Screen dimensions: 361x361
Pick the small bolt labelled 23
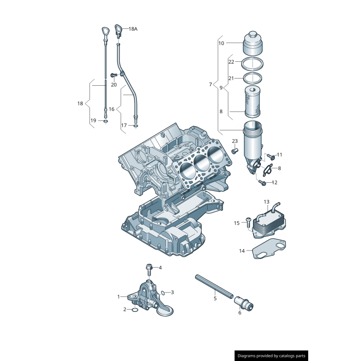click(x=234, y=151)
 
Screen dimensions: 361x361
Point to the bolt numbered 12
click(x=262, y=182)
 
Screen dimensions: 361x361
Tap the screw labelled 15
click(x=248, y=221)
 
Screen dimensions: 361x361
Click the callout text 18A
click(x=133, y=29)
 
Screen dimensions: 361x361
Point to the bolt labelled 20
click(x=114, y=75)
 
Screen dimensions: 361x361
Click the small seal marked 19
click(x=106, y=121)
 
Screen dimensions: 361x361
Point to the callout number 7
click(x=210, y=84)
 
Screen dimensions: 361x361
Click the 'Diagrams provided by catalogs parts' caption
click(x=272, y=356)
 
